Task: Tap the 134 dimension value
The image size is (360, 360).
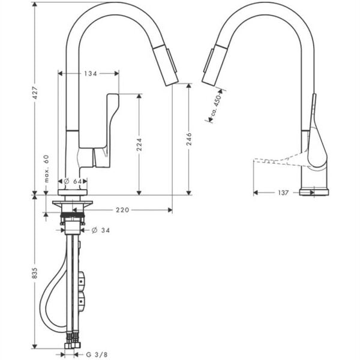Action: pos(90,73)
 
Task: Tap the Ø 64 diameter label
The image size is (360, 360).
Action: pos(76,181)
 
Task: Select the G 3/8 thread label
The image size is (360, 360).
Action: pos(97,354)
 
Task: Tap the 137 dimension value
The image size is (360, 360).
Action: pos(283,193)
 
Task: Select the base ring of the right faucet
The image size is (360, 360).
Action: pos(314,192)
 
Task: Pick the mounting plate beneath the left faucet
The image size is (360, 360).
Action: pos(73,205)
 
